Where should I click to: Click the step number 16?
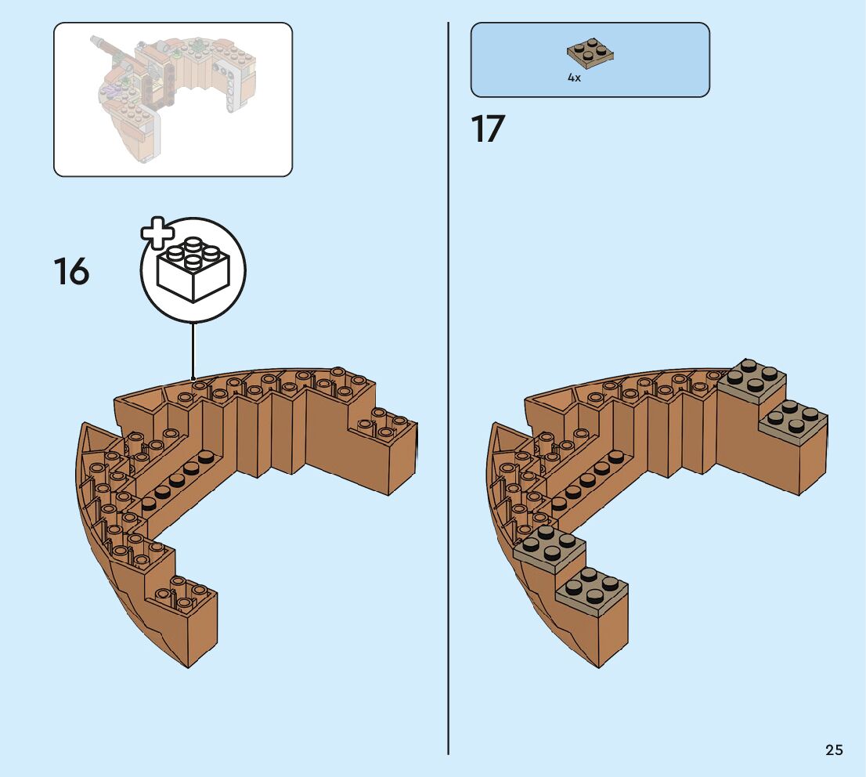(71, 272)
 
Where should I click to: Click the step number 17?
(488, 129)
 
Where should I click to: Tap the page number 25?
(834, 750)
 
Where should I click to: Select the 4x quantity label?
(574, 78)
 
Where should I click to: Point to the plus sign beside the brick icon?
(157, 233)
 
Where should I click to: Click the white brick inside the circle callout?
(193, 270)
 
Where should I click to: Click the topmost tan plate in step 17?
(752, 380)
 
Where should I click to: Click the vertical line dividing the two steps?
(448, 392)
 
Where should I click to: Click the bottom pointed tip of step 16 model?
(189, 667)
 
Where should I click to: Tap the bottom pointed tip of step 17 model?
(599, 667)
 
